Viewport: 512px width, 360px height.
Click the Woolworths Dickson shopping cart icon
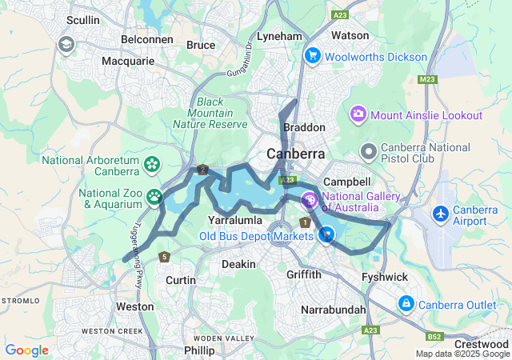[311, 56]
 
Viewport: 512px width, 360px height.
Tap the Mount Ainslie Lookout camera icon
[358, 115]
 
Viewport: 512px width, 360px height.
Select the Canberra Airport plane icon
[440, 214]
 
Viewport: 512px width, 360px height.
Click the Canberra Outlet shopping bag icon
[406, 304]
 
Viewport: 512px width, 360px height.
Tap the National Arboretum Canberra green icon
[152, 164]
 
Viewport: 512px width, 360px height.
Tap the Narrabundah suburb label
[334, 310]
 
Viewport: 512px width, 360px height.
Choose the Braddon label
[304, 127]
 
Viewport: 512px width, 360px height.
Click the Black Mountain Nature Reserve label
[210, 113]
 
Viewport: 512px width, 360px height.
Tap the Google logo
[26, 350]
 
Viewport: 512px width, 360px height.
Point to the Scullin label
[83, 19]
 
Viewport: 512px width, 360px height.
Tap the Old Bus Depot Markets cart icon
[326, 235]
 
